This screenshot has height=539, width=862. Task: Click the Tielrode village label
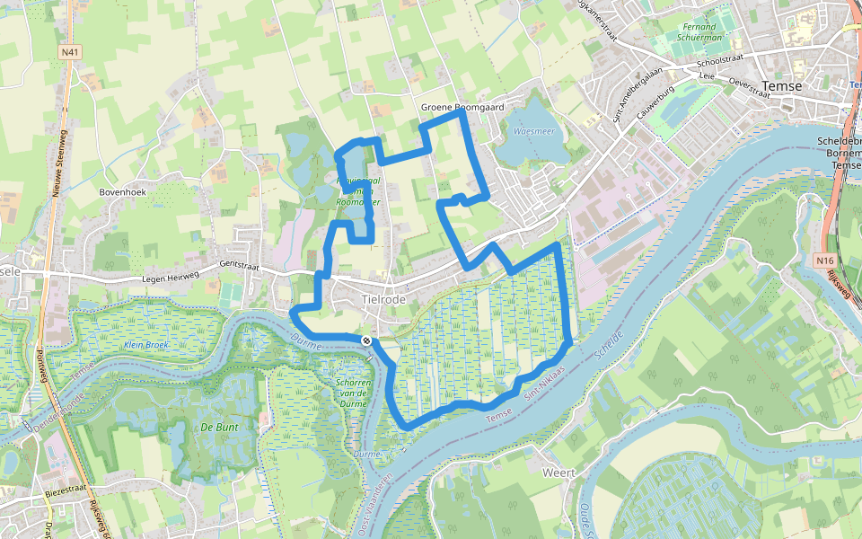(384, 298)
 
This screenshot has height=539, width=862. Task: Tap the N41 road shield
(70, 53)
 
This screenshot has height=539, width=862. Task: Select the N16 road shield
(826, 261)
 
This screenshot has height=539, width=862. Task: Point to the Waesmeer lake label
(532, 131)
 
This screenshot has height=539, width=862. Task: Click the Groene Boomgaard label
(462, 108)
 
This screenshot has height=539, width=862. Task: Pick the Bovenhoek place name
(124, 192)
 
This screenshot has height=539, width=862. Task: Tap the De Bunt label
(219, 427)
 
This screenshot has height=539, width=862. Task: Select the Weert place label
(559, 472)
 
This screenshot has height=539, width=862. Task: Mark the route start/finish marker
(366, 340)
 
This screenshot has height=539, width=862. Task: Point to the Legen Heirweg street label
(169, 278)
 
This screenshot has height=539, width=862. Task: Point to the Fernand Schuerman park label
(699, 33)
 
